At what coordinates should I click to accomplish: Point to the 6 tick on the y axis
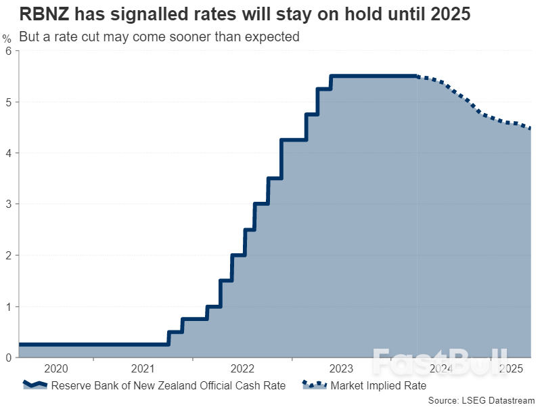(x=9, y=51)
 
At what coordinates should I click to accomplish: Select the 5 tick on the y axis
(x=9, y=102)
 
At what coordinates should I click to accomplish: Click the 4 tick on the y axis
(x=9, y=153)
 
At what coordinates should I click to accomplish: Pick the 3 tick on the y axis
(x=9, y=205)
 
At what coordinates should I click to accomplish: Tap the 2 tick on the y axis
(x=9, y=255)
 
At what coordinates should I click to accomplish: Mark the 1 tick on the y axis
(x=9, y=307)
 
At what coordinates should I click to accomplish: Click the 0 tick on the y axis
(x=9, y=358)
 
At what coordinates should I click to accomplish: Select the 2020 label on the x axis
(x=56, y=369)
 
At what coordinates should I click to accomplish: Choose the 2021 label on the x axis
(x=143, y=369)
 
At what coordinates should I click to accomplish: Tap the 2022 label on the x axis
(x=242, y=369)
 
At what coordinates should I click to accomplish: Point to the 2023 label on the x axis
(x=341, y=369)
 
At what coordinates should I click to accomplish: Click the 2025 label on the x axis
(x=511, y=369)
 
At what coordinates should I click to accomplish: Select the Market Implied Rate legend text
(x=378, y=386)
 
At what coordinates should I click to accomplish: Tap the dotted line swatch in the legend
(x=314, y=385)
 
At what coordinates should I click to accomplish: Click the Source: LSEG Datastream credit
(x=481, y=400)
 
